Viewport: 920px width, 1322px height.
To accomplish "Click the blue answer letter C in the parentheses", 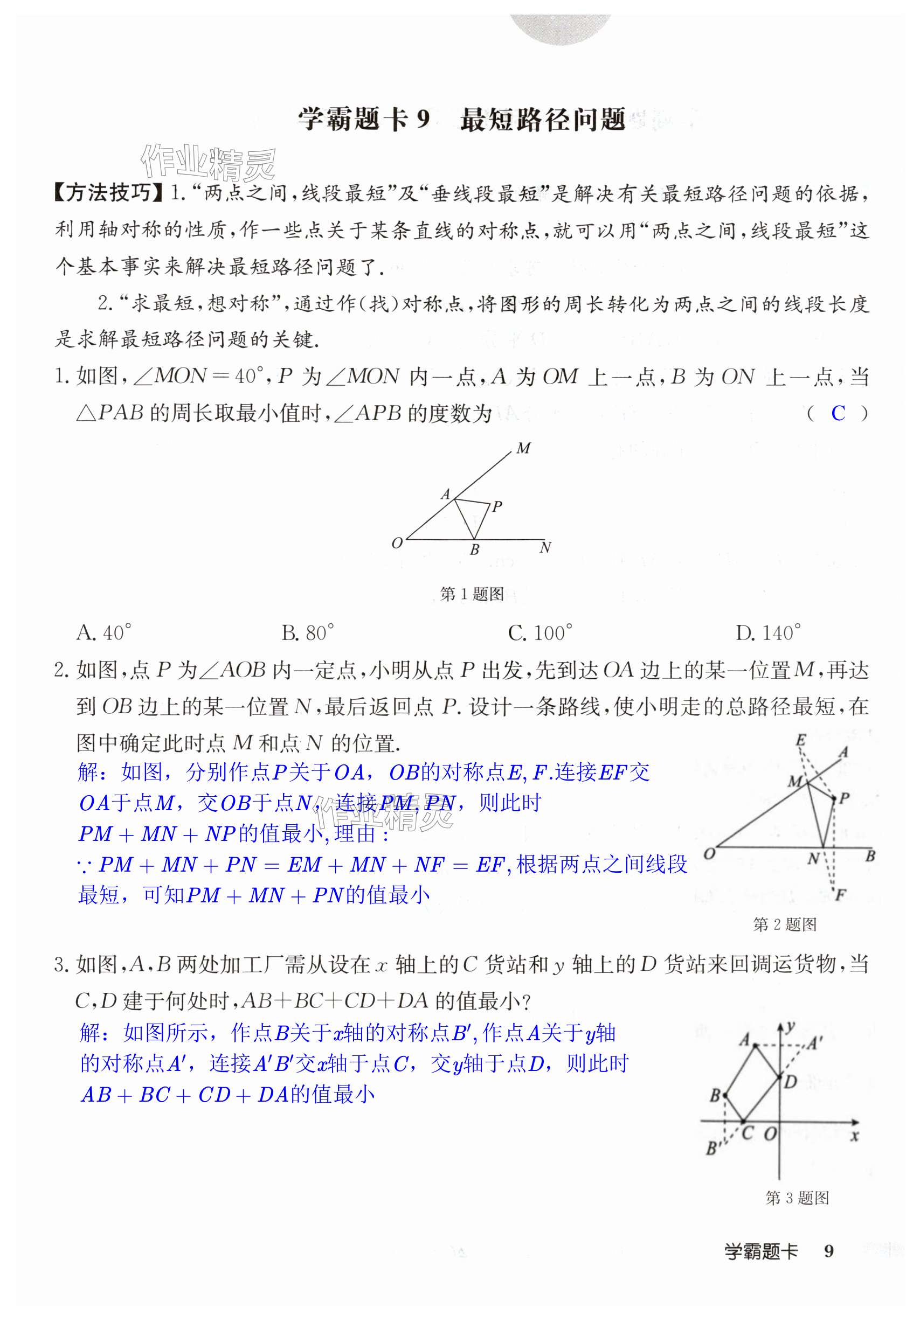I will (x=838, y=413).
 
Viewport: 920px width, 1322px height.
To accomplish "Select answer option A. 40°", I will (x=103, y=633).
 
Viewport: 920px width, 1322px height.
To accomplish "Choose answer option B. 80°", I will (x=308, y=633).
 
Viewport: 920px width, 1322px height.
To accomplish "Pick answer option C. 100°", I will (x=540, y=633).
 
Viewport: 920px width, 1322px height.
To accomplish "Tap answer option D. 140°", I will (x=767, y=633).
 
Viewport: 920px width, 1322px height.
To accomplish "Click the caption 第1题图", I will (x=471, y=594).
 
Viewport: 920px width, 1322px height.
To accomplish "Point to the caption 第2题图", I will (x=784, y=925).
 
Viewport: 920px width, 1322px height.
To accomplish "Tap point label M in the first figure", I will (x=523, y=448).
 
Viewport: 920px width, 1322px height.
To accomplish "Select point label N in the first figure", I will (x=545, y=547).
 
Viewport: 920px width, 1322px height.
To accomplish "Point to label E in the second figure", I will (x=800, y=740).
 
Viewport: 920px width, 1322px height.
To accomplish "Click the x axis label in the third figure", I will (x=854, y=1136).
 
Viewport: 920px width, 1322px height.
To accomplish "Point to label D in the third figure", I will (x=791, y=1082).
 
